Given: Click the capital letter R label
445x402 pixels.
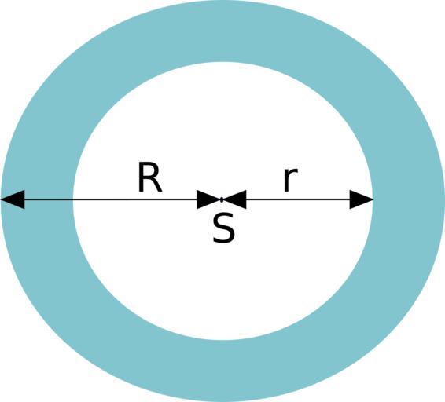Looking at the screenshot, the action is [x=150, y=177].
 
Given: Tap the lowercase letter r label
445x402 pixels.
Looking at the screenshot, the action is [x=291, y=180].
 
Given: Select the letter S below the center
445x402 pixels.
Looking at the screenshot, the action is [x=224, y=228].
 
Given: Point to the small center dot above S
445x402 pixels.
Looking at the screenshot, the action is [x=222, y=199].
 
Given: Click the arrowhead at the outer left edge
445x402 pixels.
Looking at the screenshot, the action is [x=13, y=199].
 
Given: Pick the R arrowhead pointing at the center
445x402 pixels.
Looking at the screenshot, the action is [x=208, y=199].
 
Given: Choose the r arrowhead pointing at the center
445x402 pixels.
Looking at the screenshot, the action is [x=234, y=199].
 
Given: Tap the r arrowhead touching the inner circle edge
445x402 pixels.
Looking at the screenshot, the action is [x=362, y=199].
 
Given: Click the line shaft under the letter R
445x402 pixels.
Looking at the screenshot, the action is [x=111, y=199].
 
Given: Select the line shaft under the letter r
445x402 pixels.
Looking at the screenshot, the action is [x=298, y=199].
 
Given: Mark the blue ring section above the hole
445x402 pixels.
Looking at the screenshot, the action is [x=222, y=31].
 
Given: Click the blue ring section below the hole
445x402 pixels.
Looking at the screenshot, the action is [x=222, y=371].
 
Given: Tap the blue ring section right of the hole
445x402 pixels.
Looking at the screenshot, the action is [x=408, y=201].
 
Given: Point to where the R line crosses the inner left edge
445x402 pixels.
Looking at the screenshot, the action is [x=73, y=199].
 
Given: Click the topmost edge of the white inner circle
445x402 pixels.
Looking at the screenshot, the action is [x=222, y=62].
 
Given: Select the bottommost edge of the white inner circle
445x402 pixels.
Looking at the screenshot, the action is [x=222, y=340].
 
